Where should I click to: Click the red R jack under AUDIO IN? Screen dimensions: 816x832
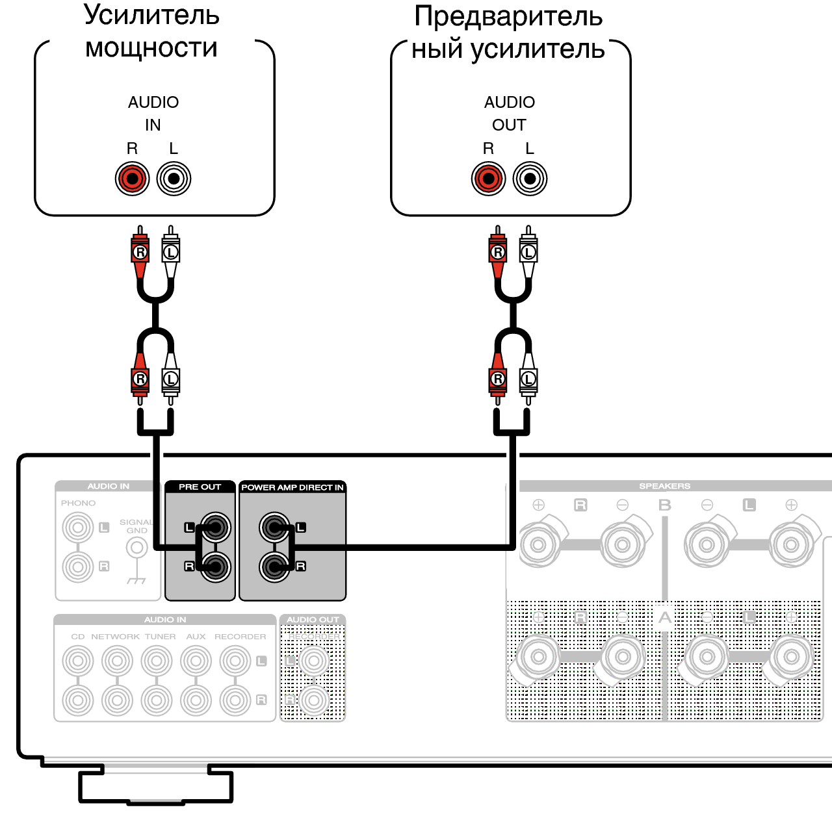click(132, 178)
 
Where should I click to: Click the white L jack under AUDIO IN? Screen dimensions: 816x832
click(174, 178)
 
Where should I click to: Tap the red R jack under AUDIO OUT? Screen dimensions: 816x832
click(488, 178)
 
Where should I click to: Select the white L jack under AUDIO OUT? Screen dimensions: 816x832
click(530, 178)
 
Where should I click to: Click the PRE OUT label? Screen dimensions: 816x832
click(200, 487)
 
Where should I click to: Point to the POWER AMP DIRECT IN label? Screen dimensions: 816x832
click(292, 487)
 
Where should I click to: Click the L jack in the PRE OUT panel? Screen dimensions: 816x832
click(215, 527)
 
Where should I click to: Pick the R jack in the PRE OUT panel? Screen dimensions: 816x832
click(215, 567)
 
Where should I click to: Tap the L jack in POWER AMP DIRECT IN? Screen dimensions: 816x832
click(274, 527)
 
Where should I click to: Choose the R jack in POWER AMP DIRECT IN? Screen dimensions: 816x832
click(274, 567)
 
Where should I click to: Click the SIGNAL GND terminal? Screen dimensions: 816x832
click(136, 548)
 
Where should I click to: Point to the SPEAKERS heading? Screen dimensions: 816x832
click(664, 486)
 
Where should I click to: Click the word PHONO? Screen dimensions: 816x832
click(78, 503)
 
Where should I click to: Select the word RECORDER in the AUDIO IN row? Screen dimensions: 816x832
click(240, 637)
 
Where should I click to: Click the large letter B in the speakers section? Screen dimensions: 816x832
click(664, 505)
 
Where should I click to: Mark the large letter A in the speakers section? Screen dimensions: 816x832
click(664, 617)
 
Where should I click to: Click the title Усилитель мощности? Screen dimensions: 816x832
click(151, 31)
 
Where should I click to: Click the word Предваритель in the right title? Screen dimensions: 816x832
click(508, 16)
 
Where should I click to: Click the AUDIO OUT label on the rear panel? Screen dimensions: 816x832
click(313, 620)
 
